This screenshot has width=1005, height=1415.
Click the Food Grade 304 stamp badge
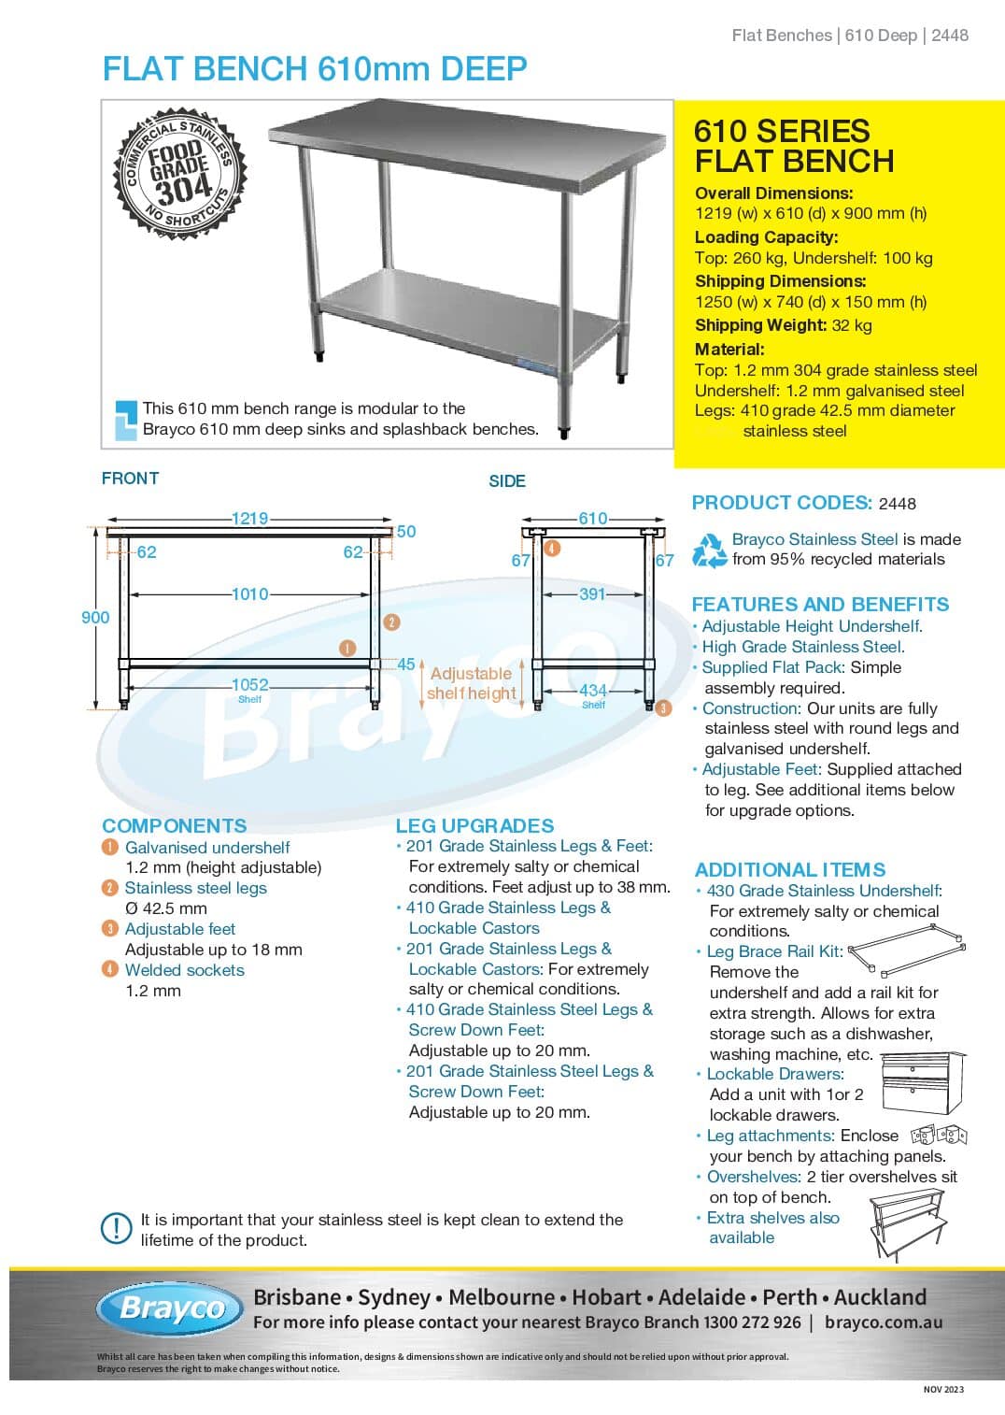pyautogui.click(x=180, y=174)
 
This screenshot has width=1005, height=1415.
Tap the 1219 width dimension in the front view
pyautogui.click(x=249, y=519)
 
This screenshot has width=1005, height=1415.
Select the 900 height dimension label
pyautogui.click(x=95, y=618)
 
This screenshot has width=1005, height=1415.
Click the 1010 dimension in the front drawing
pyautogui.click(x=249, y=594)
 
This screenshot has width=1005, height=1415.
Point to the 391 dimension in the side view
pyautogui.click(x=591, y=594)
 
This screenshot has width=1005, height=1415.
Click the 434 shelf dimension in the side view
pyautogui.click(x=593, y=691)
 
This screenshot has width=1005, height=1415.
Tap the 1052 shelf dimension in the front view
pyautogui.click(x=249, y=685)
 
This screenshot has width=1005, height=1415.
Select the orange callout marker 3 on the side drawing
pyautogui.click(x=663, y=708)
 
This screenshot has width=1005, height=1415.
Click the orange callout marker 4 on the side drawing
pyautogui.click(x=552, y=549)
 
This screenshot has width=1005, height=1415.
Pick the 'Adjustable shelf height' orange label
pyautogui.click(x=471, y=683)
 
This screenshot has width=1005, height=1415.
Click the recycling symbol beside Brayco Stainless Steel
pyautogui.click(x=709, y=550)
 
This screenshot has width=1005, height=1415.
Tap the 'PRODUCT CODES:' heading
pyautogui.click(x=782, y=503)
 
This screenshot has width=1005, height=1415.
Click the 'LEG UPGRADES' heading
pyautogui.click(x=474, y=826)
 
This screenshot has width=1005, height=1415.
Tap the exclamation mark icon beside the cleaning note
pyautogui.click(x=116, y=1228)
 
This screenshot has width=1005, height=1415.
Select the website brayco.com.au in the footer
pyautogui.click(x=884, y=1323)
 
